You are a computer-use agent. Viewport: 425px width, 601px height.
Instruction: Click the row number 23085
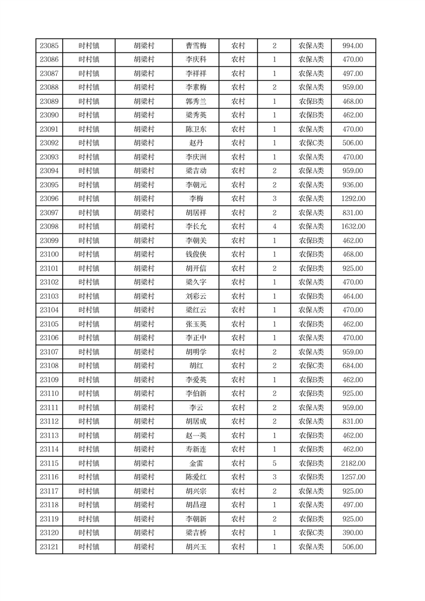49,46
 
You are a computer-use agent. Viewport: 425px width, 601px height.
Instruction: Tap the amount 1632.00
353,227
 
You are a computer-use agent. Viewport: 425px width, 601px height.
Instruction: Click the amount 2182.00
353,463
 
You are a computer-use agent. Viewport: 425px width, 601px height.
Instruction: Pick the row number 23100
49,254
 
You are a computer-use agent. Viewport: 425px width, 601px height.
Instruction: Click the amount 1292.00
353,199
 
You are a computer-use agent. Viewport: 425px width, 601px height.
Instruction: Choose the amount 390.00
353,533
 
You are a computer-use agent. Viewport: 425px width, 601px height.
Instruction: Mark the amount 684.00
353,366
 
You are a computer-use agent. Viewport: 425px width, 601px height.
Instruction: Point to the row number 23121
49,547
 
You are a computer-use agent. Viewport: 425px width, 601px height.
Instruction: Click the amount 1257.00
353,477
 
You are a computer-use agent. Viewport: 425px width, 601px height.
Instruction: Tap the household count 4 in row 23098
275,227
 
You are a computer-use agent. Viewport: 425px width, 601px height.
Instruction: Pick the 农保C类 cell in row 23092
311,143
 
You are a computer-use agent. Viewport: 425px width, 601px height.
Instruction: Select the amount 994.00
353,46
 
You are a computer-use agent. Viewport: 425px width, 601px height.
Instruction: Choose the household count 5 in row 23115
275,463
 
